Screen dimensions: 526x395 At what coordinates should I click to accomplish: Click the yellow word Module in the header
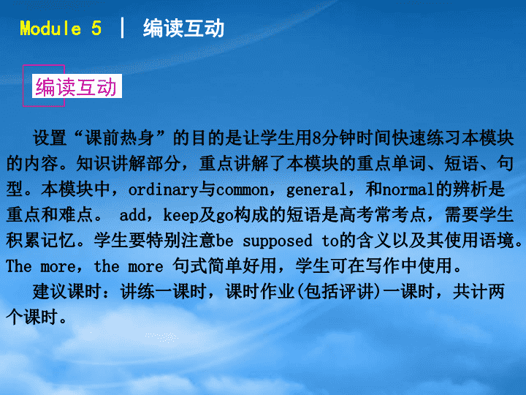coord(50,29)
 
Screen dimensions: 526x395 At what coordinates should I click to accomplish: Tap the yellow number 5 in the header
coord(96,29)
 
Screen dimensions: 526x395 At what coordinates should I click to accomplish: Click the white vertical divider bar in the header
coord(122,28)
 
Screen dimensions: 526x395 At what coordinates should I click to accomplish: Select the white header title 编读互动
coord(183,29)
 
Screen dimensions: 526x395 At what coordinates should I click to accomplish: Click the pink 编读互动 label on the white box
coord(76,86)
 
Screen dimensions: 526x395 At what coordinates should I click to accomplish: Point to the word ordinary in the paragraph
coord(164,190)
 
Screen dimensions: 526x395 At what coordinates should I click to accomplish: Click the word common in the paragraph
coord(243,190)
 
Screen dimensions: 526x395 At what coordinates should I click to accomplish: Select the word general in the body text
coord(316,190)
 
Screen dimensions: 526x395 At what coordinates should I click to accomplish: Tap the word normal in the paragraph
coord(409,190)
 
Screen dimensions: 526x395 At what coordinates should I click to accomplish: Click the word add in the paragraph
coord(132,215)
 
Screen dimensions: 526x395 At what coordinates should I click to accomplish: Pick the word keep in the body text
coord(180,215)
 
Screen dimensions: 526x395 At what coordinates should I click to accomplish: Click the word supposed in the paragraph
coord(278,241)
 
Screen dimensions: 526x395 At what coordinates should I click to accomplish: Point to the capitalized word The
coord(19,266)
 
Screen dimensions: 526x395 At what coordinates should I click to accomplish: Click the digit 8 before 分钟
coord(316,138)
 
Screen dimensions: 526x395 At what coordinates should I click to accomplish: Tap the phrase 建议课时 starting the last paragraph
coord(67,292)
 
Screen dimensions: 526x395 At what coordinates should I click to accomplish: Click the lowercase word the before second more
coord(107,266)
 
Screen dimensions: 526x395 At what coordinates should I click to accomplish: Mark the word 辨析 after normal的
coord(470,189)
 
